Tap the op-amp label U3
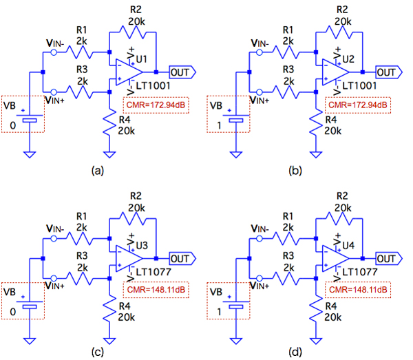click(141, 246)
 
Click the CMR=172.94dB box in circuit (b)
click(358, 105)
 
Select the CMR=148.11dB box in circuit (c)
click(152, 290)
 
